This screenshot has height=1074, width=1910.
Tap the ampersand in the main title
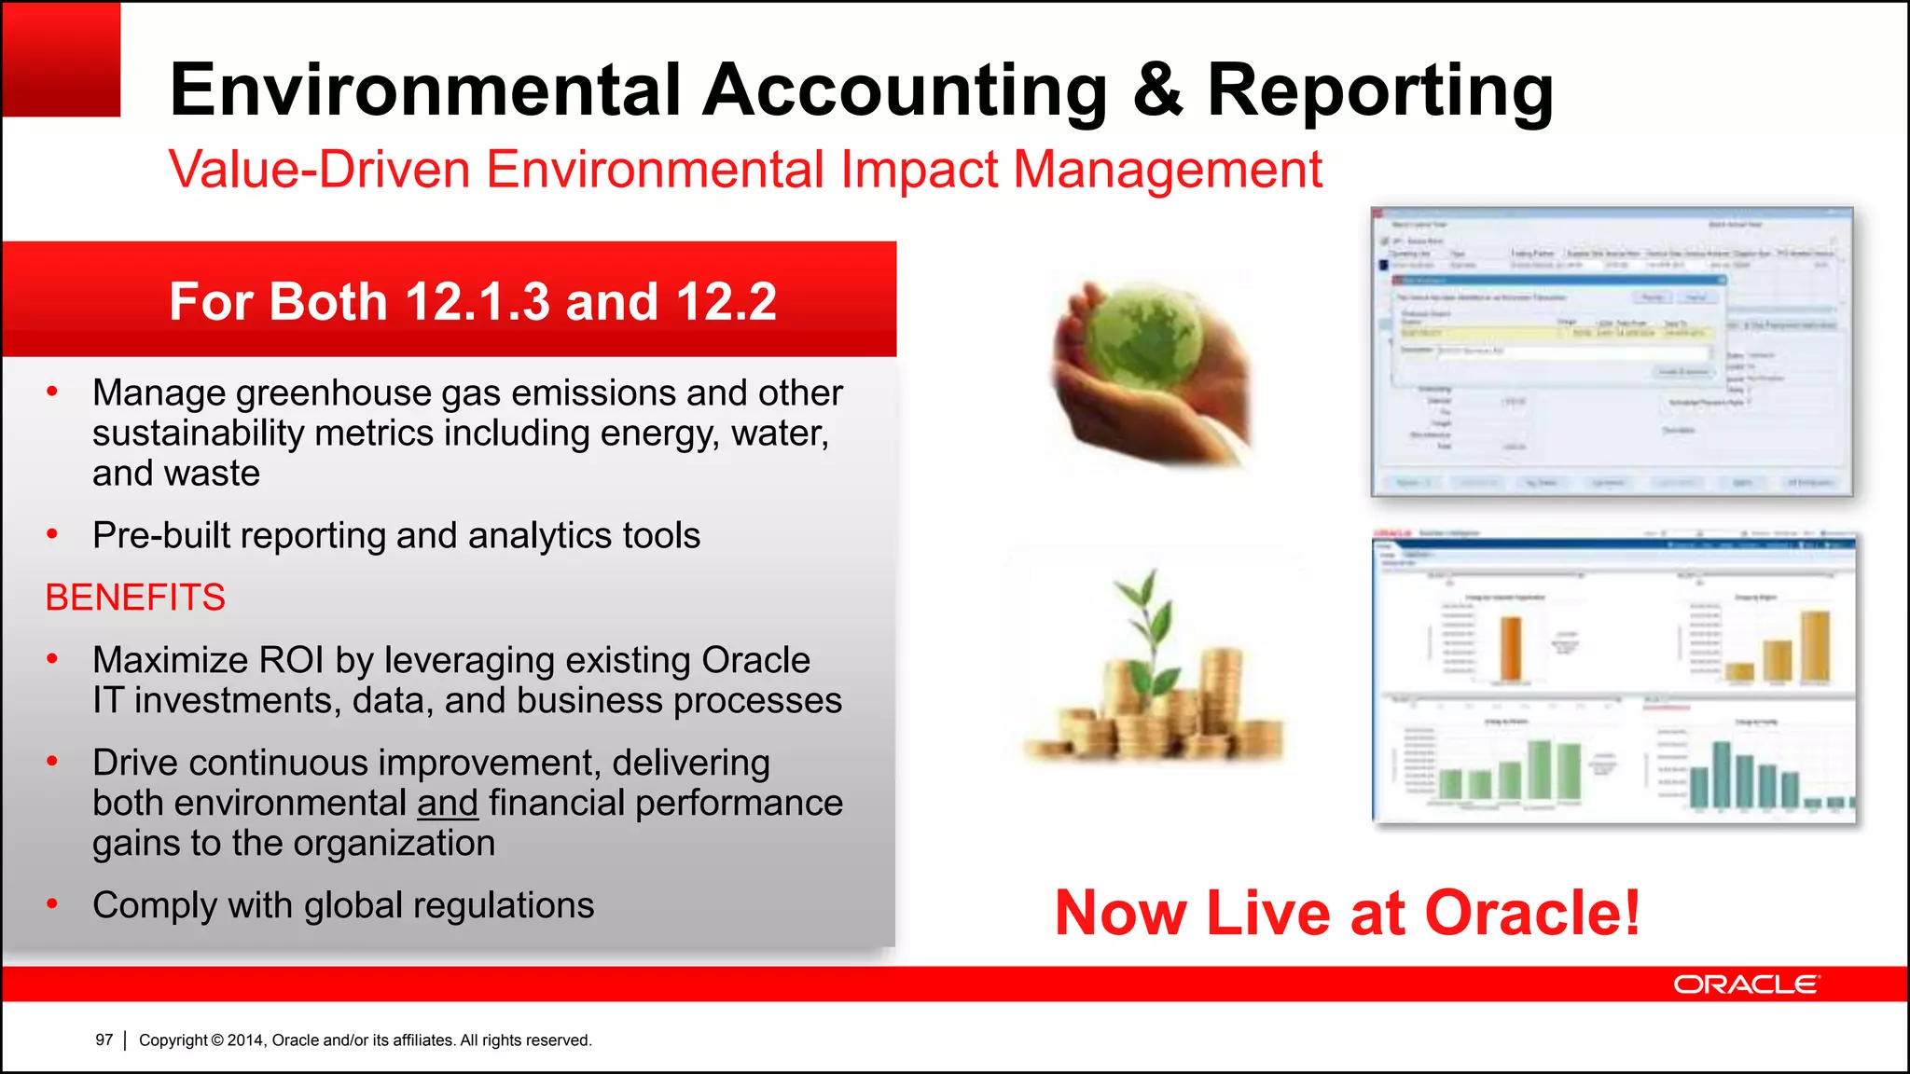[x=1157, y=89]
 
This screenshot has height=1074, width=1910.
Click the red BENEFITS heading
[x=135, y=598]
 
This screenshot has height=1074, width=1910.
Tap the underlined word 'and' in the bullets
[x=448, y=803]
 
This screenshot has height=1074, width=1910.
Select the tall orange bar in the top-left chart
[x=1510, y=648]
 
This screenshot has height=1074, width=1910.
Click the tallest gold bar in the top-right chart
[x=1815, y=646]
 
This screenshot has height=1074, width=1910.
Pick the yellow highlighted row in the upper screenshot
[x=1548, y=332]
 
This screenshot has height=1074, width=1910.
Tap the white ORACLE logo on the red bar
[x=1745, y=984]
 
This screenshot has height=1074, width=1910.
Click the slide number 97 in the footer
[x=104, y=1040]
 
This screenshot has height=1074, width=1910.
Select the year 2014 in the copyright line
[x=245, y=1040]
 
